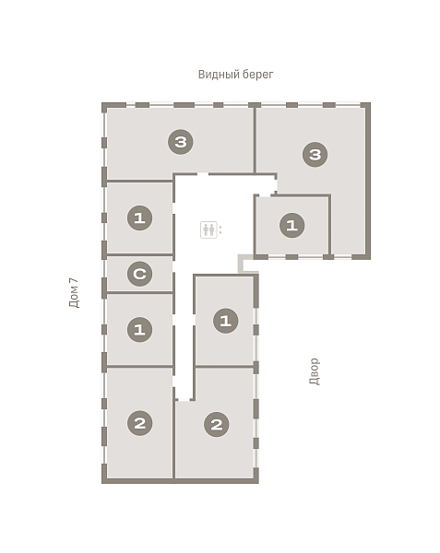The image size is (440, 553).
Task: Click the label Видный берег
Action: (235, 75)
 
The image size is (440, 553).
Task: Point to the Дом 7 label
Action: (74, 293)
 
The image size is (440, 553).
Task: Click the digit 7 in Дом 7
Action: (74, 281)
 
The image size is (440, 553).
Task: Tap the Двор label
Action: (314, 371)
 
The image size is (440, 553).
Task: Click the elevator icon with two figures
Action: (208, 229)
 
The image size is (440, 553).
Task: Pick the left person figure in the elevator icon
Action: (206, 229)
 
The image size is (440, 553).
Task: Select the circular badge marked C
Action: (139, 274)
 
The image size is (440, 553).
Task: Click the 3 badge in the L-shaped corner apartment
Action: (315, 155)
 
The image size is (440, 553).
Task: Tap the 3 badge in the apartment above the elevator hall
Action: (181, 142)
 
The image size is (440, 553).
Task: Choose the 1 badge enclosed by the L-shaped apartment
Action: (291, 225)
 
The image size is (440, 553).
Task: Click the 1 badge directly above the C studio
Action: (139, 218)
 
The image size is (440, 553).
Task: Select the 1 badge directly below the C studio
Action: (139, 330)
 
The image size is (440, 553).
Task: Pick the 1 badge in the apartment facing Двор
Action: (226, 321)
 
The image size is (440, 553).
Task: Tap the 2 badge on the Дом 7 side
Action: (139, 423)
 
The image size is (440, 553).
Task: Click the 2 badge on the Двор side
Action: (217, 424)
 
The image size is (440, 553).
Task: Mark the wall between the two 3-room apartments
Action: (254, 140)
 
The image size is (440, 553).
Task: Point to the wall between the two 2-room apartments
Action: (174, 433)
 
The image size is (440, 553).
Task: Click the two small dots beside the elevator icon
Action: (220, 229)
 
